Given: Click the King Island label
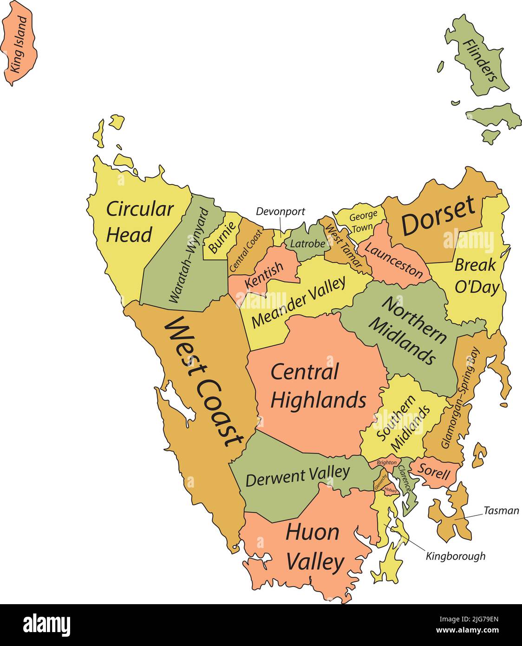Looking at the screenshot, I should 19,45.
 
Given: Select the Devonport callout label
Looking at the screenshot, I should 281,212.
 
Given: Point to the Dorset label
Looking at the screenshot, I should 438,215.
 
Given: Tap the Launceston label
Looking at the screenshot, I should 393,261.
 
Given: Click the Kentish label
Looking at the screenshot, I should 264,275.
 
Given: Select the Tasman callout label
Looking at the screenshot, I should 501,511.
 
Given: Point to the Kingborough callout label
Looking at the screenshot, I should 455,556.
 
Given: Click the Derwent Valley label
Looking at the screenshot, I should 297,476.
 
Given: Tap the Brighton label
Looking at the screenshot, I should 387,463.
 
